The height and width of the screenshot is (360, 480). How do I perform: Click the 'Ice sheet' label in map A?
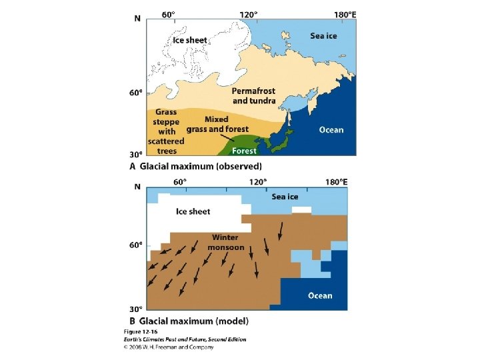point(190,40)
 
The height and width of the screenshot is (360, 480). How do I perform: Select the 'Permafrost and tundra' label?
point(253,95)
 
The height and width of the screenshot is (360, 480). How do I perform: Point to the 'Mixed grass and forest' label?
point(217,124)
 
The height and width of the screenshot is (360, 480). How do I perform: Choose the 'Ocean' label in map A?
point(331,129)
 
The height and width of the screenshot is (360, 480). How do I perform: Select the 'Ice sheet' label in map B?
point(193,211)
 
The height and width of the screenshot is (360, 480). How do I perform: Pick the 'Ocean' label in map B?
point(320,295)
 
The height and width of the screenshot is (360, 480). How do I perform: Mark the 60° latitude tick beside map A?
point(135,93)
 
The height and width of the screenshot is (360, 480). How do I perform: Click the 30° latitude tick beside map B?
point(135,309)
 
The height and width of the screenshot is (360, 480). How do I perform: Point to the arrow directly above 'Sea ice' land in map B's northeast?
point(281,231)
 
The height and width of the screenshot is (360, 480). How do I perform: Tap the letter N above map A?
point(137,18)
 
